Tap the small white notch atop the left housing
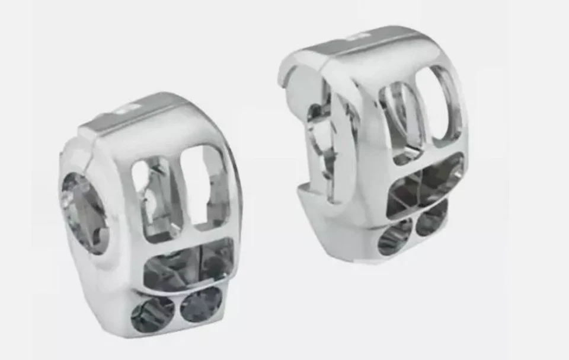(x=128, y=109)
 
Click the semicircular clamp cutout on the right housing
(x=320, y=142)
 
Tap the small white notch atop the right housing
(x=356, y=37)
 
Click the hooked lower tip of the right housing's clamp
(x=303, y=191)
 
